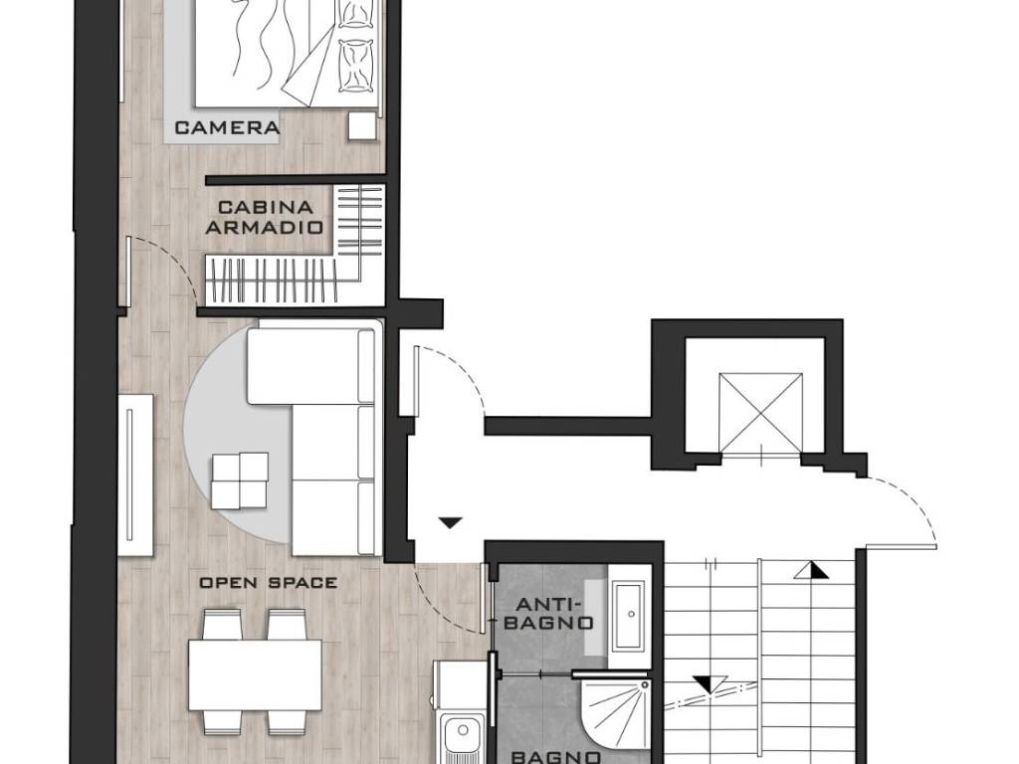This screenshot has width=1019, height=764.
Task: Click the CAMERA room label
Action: pos(228,127)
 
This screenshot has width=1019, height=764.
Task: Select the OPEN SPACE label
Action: pos(269,583)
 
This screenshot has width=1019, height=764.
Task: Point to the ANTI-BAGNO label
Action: pos(549,613)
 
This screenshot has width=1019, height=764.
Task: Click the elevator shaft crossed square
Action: pos(760,412)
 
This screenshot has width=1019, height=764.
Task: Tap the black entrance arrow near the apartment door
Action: pos(450,522)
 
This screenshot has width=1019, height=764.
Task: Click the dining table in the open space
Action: pos(256,675)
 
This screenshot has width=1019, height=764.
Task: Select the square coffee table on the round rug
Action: pos(239,480)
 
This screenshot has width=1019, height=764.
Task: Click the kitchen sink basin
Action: pos(462,737)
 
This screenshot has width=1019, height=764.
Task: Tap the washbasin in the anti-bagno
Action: pos(629,617)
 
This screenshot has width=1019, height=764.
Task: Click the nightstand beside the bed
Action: pos(362,125)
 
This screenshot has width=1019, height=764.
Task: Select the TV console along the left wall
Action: pos(135,475)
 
